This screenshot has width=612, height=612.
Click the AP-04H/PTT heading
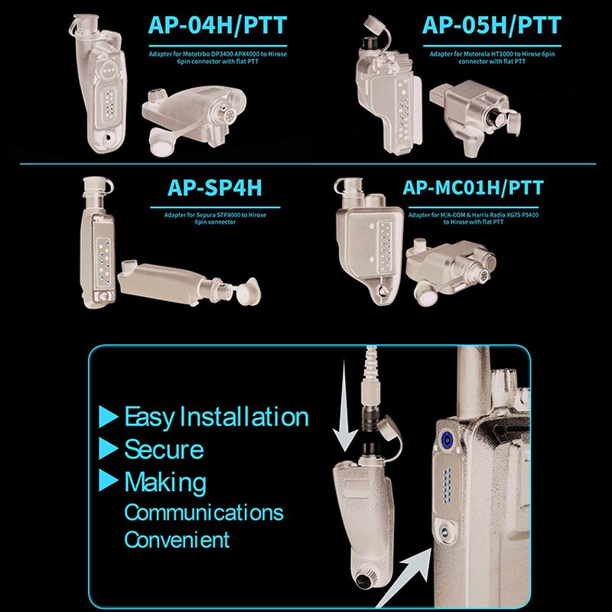pyautogui.click(x=217, y=25)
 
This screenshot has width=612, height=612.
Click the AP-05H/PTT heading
pyautogui.click(x=491, y=25)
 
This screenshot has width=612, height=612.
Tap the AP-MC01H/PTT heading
pyautogui.click(x=472, y=188)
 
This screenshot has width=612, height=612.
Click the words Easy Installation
pyautogui.click(x=216, y=417)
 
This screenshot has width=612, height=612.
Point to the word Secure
pyautogui.click(x=164, y=449)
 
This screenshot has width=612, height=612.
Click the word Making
pyautogui.click(x=165, y=482)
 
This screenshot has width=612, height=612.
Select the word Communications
pyautogui.click(x=203, y=512)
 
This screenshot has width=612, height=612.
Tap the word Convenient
pyautogui.click(x=177, y=539)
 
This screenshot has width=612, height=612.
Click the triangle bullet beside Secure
pyautogui.click(x=108, y=448)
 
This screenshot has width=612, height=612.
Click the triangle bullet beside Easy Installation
pyautogui.click(x=108, y=417)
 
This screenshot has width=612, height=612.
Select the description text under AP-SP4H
pyautogui.click(x=215, y=219)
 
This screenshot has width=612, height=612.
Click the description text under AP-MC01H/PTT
pyautogui.click(x=473, y=219)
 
